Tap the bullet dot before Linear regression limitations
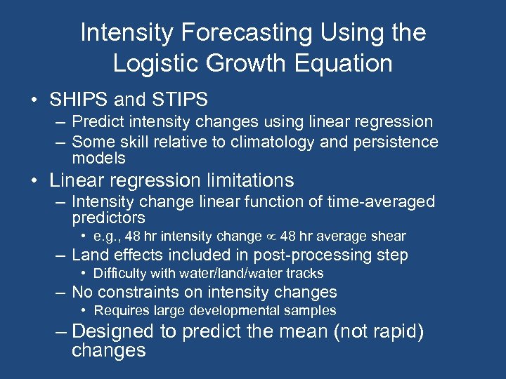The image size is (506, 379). [34, 181]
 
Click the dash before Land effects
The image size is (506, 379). [62, 255]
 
